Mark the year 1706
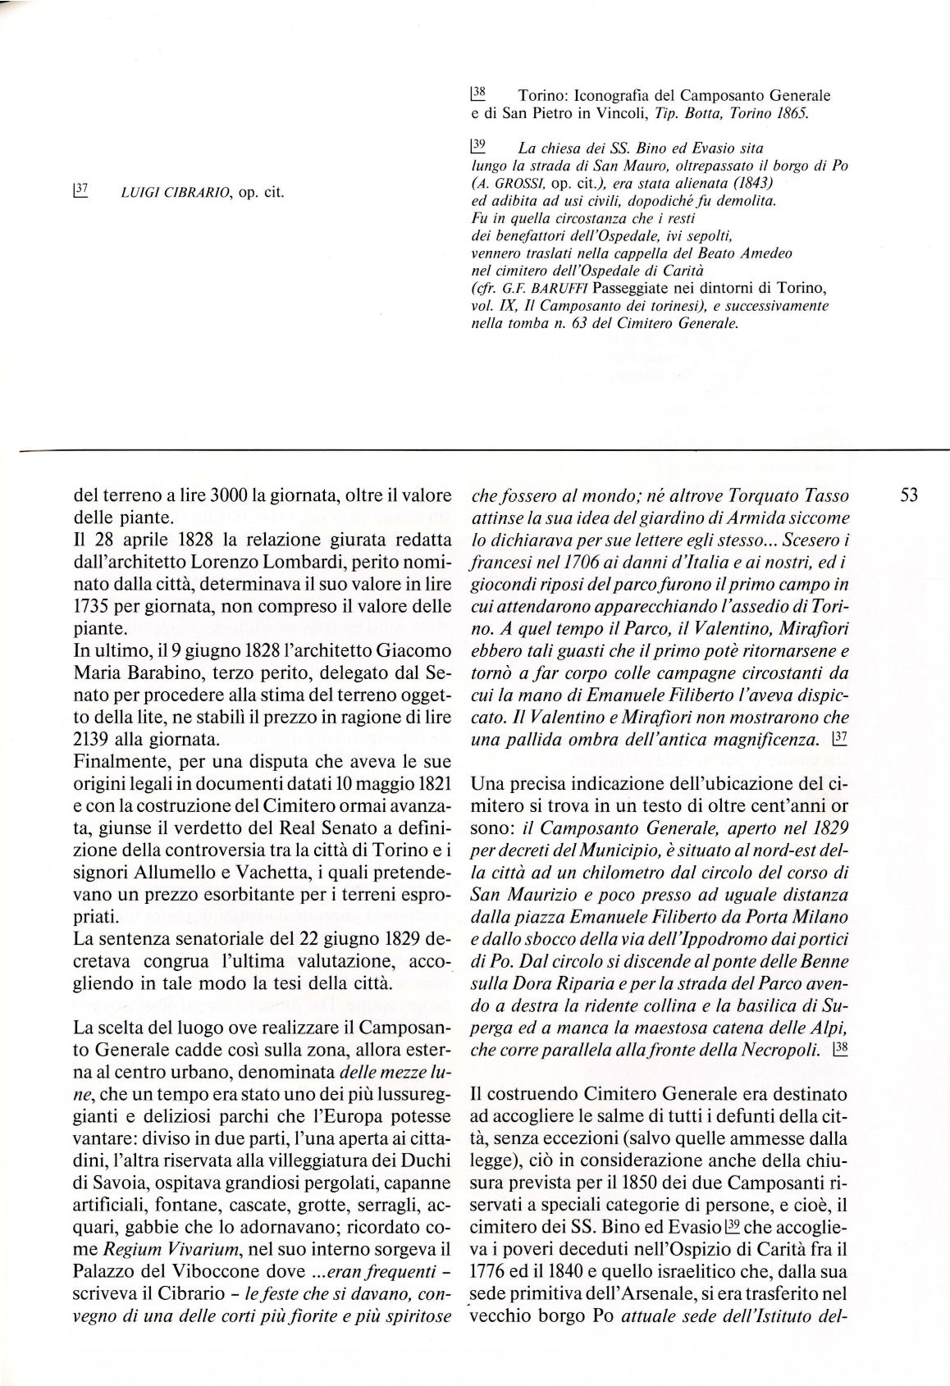[x=586, y=563]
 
